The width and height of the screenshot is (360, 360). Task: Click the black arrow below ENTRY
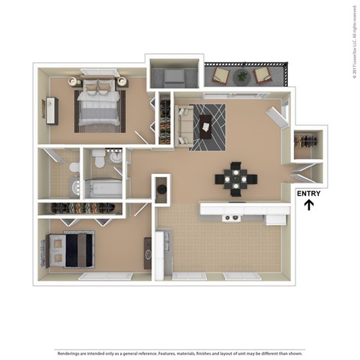pos(309,204)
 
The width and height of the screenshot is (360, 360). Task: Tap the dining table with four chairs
pos(235,179)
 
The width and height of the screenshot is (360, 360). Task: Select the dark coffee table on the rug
pos(205,128)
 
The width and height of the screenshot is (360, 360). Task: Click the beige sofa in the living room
pos(185,125)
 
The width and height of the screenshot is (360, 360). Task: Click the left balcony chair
pos(221,74)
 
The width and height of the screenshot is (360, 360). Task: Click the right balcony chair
pos(262,74)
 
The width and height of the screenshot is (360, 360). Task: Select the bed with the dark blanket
pos(71,249)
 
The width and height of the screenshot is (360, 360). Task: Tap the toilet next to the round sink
pos(98,159)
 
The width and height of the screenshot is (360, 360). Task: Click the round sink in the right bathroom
pos(115,157)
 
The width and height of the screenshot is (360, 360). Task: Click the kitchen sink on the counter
pos(232,217)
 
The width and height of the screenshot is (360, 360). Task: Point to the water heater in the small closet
pos(161,190)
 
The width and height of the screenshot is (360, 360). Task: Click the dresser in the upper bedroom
pos(51,111)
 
